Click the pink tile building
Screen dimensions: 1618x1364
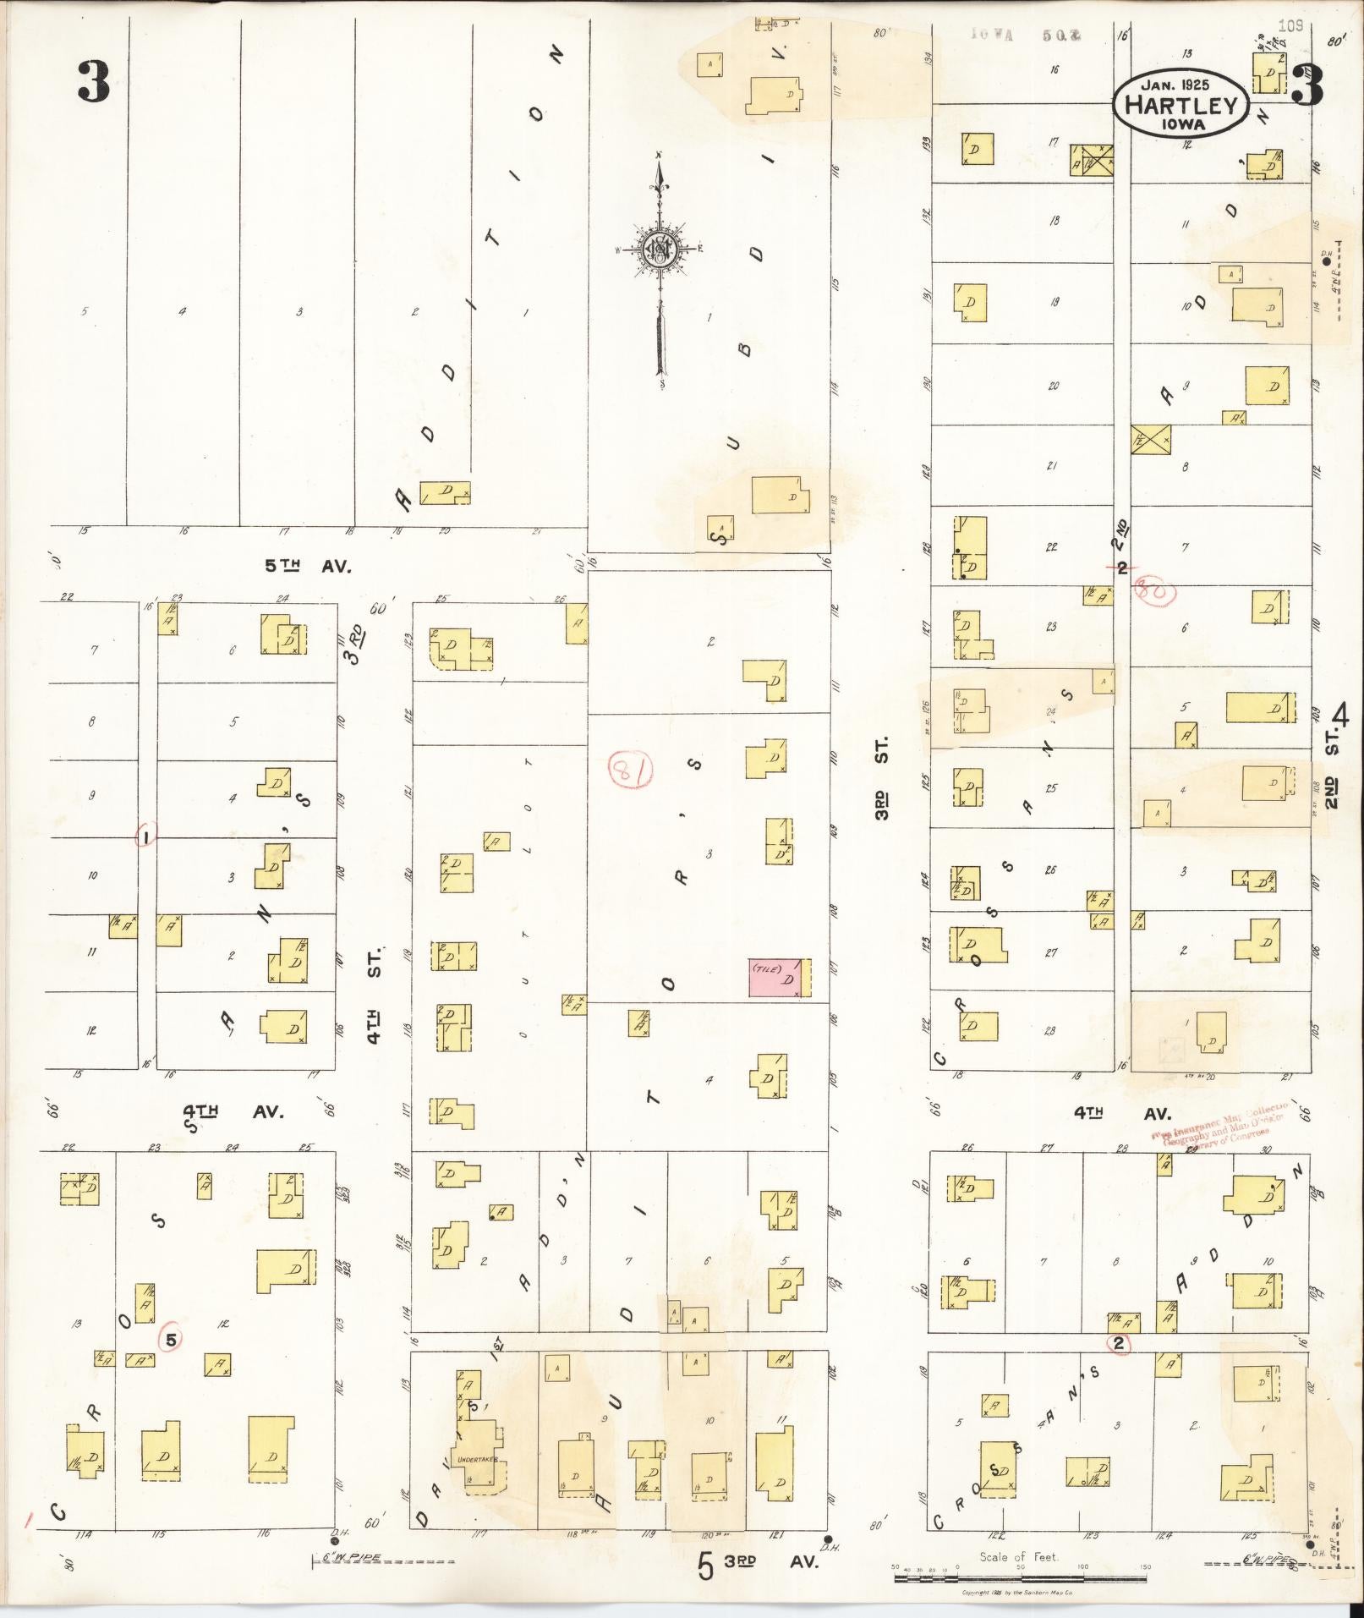[775, 978]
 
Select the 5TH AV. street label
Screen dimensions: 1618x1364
[308, 566]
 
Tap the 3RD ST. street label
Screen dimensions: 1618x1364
[881, 779]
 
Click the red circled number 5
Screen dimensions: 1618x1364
[171, 1339]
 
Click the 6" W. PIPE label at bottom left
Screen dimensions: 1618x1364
[349, 1557]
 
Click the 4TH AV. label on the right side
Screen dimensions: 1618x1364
[1122, 1112]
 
